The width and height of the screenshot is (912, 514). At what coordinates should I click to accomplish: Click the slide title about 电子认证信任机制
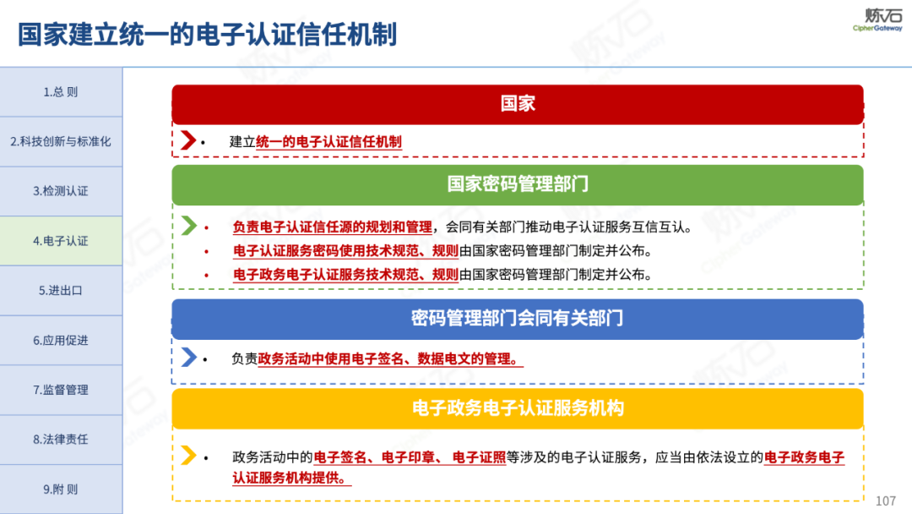pos(207,34)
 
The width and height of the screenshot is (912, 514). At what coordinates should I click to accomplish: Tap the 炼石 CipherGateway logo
pos(877,19)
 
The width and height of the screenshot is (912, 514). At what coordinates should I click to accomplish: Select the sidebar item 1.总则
pos(61,92)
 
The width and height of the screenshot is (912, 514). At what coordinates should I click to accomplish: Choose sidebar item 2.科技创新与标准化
pos(61,141)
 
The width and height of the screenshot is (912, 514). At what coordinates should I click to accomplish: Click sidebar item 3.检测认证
pos(61,191)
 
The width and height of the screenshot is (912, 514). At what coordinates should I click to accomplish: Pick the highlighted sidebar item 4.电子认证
pos(61,241)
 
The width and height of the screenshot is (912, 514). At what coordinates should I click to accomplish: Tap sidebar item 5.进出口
pos(61,291)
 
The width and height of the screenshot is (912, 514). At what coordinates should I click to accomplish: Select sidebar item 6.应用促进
pos(61,341)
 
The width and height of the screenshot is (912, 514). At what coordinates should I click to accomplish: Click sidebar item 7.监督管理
pos(61,390)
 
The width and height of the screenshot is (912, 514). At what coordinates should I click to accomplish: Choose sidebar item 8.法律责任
pos(61,440)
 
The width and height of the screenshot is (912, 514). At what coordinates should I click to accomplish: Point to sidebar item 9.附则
pos(61,489)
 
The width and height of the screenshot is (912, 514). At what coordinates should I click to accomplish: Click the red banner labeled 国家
pos(518,104)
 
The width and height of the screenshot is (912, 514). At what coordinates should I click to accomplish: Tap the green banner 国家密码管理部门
pos(518,184)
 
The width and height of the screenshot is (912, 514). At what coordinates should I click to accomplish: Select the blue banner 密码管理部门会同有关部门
pos(518,319)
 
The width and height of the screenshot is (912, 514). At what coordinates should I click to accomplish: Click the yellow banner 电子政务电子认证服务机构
pos(518,408)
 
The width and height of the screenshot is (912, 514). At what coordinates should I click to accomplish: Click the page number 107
pos(885,500)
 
